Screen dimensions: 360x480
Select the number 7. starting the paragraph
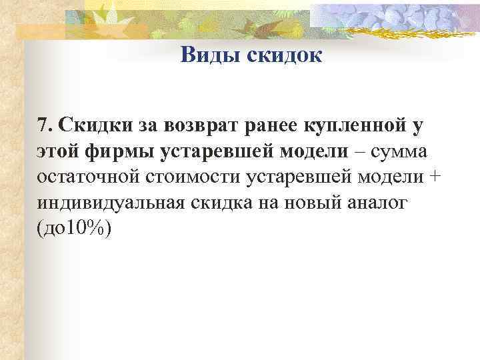click(x=46, y=125)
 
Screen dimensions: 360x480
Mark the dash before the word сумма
click(x=359, y=151)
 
